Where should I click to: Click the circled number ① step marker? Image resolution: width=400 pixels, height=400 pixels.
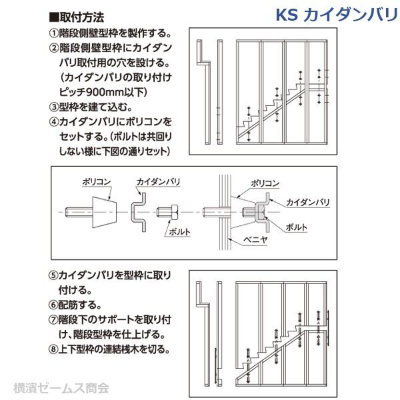click(53, 33)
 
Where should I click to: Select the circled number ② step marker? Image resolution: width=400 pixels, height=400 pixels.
click(53, 48)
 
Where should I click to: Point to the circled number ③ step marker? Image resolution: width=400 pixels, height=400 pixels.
click(53, 107)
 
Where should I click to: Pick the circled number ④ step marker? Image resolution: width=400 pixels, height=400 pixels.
click(53, 122)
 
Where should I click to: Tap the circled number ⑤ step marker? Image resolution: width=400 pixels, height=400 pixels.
click(53, 275)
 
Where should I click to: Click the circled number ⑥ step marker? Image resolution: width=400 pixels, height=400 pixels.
click(53, 305)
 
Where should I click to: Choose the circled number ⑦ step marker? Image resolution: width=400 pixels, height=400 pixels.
click(53, 319)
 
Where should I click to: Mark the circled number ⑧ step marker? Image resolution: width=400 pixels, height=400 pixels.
click(53, 349)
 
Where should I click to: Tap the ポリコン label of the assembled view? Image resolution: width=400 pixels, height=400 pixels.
click(265, 181)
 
